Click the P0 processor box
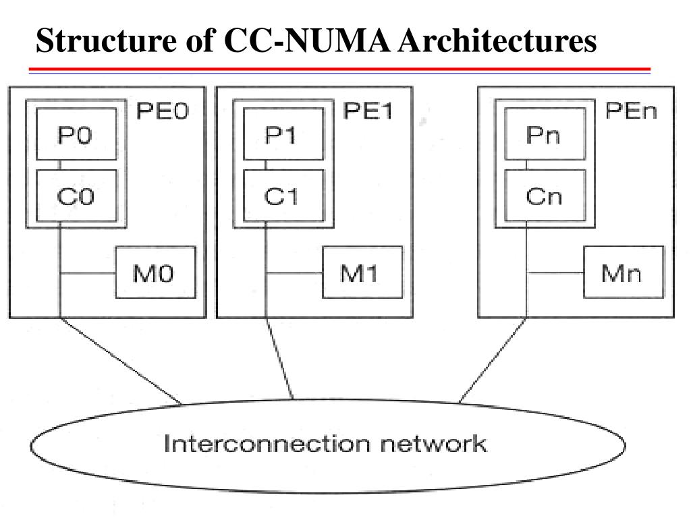click(76, 134)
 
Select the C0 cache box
click(76, 196)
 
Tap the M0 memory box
click(156, 272)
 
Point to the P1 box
click(284, 134)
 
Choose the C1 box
click(284, 196)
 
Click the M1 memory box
click(362, 272)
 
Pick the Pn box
click(545, 134)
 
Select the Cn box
click(545, 196)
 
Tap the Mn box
click(624, 272)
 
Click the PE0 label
click(163, 111)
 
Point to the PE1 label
click(368, 111)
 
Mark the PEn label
click(631, 111)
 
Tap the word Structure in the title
click(106, 40)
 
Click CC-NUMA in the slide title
click(308, 40)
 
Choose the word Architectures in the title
click(497, 40)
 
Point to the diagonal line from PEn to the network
click(492, 360)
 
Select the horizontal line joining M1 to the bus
click(294, 273)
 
